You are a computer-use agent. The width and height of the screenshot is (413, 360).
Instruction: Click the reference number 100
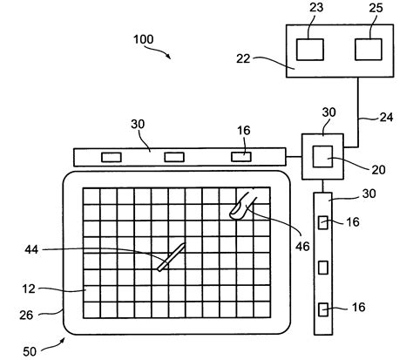tap(145, 40)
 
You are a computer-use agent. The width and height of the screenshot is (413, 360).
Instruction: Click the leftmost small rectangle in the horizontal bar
tap(111, 158)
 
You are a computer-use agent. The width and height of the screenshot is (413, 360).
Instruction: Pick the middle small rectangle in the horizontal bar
tap(175, 158)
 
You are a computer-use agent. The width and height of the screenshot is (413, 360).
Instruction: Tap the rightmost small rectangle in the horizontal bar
tap(240, 157)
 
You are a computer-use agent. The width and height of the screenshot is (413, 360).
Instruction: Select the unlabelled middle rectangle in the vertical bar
tap(323, 265)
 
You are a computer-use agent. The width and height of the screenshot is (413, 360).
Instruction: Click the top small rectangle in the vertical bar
tap(323, 223)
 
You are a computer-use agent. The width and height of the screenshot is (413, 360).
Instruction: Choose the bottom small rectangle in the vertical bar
tap(323, 307)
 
